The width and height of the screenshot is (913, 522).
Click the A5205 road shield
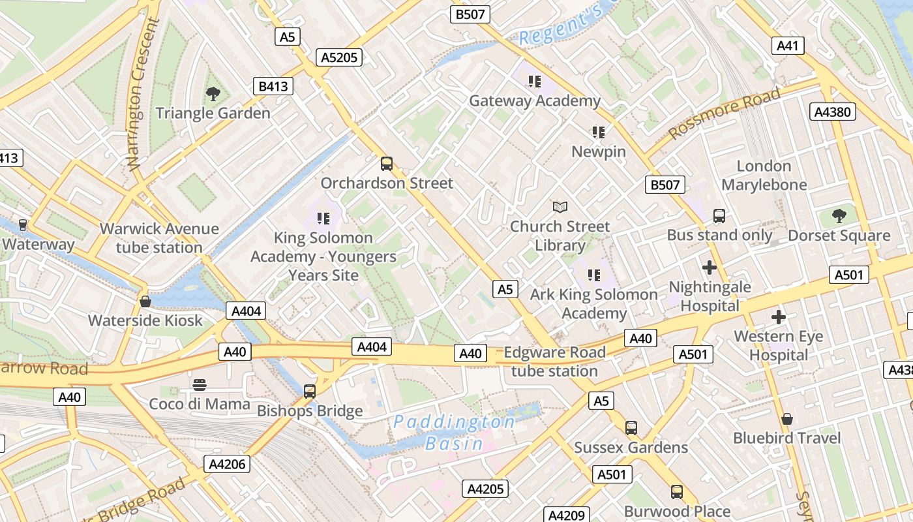point(340,57)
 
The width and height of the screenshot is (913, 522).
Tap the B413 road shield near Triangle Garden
point(273,86)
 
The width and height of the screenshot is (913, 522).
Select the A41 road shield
point(787,45)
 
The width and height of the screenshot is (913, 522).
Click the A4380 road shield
point(833,112)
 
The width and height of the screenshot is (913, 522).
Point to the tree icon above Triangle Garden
point(213,94)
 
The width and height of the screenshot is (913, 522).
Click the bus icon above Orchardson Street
point(387,163)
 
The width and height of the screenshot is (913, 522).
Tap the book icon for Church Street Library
point(560,207)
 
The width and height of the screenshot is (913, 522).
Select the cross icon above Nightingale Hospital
point(709,267)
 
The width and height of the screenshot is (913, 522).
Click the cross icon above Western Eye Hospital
point(778,317)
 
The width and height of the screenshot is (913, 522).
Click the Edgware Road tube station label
point(554,361)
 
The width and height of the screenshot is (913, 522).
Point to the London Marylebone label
point(764,176)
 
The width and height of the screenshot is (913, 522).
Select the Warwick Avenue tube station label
point(159,238)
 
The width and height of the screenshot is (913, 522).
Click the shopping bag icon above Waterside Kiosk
point(145,301)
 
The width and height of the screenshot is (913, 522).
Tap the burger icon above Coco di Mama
point(200,384)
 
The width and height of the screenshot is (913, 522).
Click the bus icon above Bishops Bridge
point(310,391)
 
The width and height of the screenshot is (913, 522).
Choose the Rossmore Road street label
point(724,114)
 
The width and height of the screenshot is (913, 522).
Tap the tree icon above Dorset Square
point(839,216)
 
